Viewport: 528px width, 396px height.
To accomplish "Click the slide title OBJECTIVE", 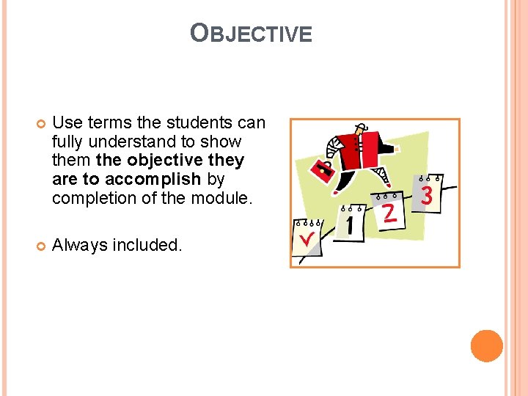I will click(x=251, y=33).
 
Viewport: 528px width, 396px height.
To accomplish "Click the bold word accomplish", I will click(x=153, y=179).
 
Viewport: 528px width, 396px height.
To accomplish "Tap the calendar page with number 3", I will click(x=428, y=194).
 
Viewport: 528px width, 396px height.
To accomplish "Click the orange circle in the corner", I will click(x=486, y=346).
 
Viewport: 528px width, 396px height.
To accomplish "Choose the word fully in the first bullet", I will click(x=69, y=141).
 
